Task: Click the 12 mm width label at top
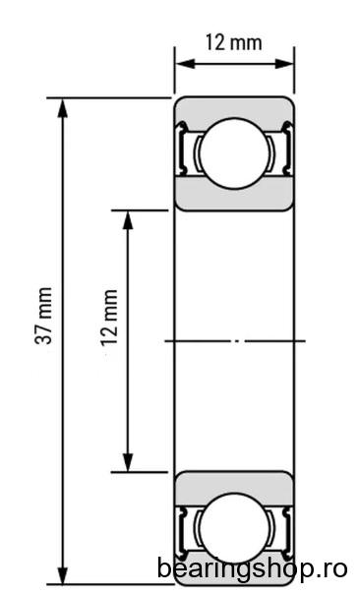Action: click(x=233, y=42)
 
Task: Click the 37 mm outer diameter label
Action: click(x=43, y=316)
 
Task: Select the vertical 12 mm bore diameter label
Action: click(x=109, y=318)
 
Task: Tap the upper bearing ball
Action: click(x=234, y=153)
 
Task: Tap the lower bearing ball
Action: click(x=234, y=527)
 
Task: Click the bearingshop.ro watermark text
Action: click(x=252, y=569)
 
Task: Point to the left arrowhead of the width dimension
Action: click(x=186, y=64)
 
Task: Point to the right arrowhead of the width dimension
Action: click(x=284, y=64)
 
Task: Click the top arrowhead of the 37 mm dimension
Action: click(x=63, y=108)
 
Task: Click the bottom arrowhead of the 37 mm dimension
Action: click(x=63, y=575)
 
